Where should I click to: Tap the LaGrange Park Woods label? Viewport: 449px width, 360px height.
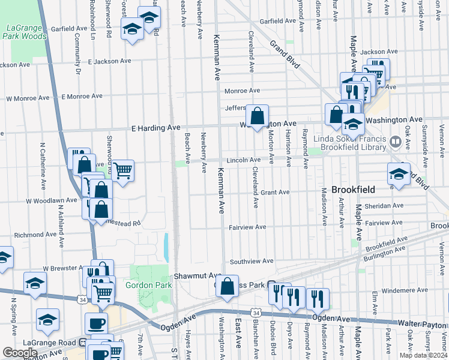pos(26,32)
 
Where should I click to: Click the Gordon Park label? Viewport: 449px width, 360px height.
pos(145,284)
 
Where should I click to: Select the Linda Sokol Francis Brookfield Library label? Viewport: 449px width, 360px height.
pos(352,142)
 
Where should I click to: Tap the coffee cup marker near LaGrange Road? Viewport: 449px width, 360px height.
pos(96,323)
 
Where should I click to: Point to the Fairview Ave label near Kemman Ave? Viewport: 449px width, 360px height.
pos(247,227)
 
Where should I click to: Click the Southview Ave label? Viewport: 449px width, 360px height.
pos(252,261)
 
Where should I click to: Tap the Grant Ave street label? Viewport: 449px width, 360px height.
pos(275,193)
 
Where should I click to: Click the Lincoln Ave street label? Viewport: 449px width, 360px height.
pos(243,160)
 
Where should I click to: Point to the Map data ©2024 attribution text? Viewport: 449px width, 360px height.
pos(423,355)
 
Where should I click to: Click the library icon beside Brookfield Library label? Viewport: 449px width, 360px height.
pos(395,142)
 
